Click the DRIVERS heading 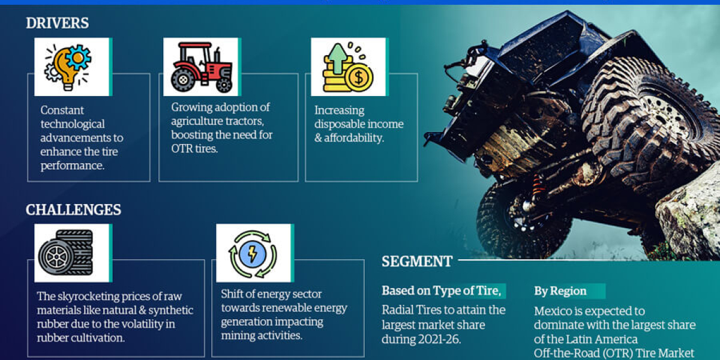point(57,23)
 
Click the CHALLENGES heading point(73,209)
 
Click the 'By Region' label point(560,291)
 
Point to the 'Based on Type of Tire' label point(441,291)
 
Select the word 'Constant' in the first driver point(62,110)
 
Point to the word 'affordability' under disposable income point(354,138)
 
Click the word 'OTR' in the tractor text point(182,148)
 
